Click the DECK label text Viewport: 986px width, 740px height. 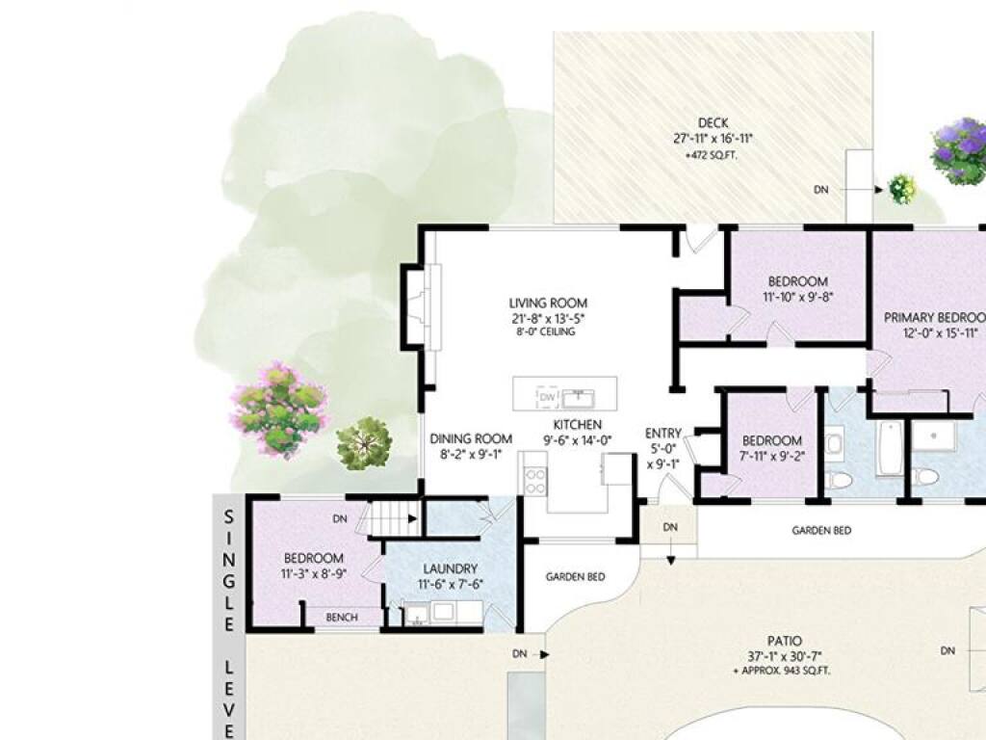714,122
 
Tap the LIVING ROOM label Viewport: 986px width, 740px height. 548,304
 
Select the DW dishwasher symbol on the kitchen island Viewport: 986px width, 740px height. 547,396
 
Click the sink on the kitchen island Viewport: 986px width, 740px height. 579,398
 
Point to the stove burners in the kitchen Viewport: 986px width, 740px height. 535,481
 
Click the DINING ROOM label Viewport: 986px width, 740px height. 471,438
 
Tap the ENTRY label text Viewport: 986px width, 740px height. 663,433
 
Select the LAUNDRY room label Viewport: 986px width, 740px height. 451,568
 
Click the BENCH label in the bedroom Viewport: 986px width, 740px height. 342,618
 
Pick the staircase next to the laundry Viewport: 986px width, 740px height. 393,518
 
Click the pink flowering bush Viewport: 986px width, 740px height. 279,410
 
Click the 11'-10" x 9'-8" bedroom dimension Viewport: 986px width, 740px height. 798,297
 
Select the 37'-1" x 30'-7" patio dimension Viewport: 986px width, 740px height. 785,657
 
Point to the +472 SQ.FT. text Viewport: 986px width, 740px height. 712,155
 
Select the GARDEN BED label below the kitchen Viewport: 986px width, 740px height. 576,576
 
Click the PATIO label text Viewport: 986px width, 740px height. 785,641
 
